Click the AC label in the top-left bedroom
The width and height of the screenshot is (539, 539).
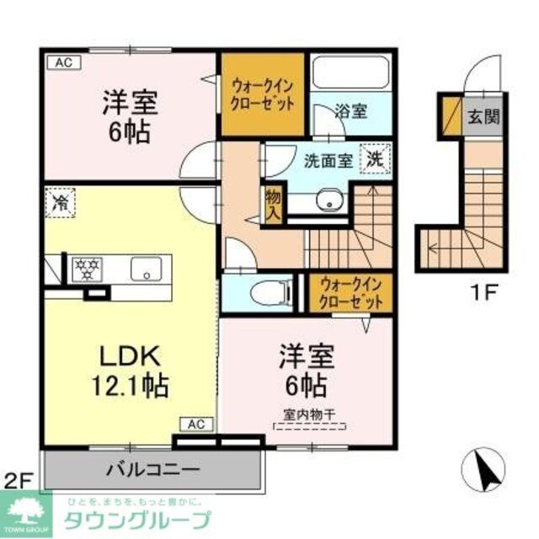pos(62,61)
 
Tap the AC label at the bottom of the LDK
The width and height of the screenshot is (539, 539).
pos(195,424)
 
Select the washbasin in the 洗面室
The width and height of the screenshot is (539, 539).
pos(328,200)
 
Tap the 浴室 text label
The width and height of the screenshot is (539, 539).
pos(350,110)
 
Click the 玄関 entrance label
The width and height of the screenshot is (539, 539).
pos(483,116)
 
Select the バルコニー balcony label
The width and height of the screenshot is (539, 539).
pos(152,468)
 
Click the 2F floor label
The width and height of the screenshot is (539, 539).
pos(19,481)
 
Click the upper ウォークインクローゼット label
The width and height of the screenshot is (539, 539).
pos(262,94)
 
